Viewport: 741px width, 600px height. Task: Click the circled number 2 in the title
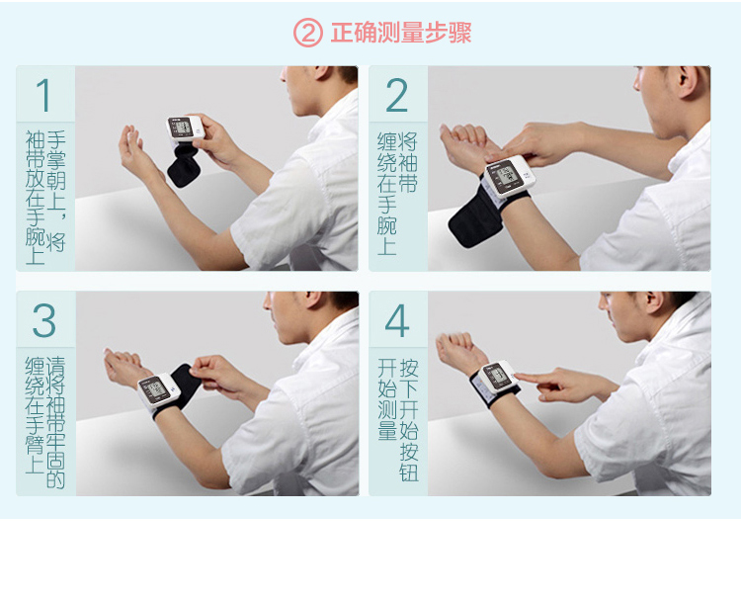308,33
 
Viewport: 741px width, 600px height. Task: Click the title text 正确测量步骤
400,33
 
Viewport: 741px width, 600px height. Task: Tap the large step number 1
44,96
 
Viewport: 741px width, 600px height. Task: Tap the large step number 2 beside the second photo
397,96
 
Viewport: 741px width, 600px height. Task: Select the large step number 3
44,321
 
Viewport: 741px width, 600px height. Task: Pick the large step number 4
397,321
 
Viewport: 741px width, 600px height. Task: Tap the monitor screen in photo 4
494,378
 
